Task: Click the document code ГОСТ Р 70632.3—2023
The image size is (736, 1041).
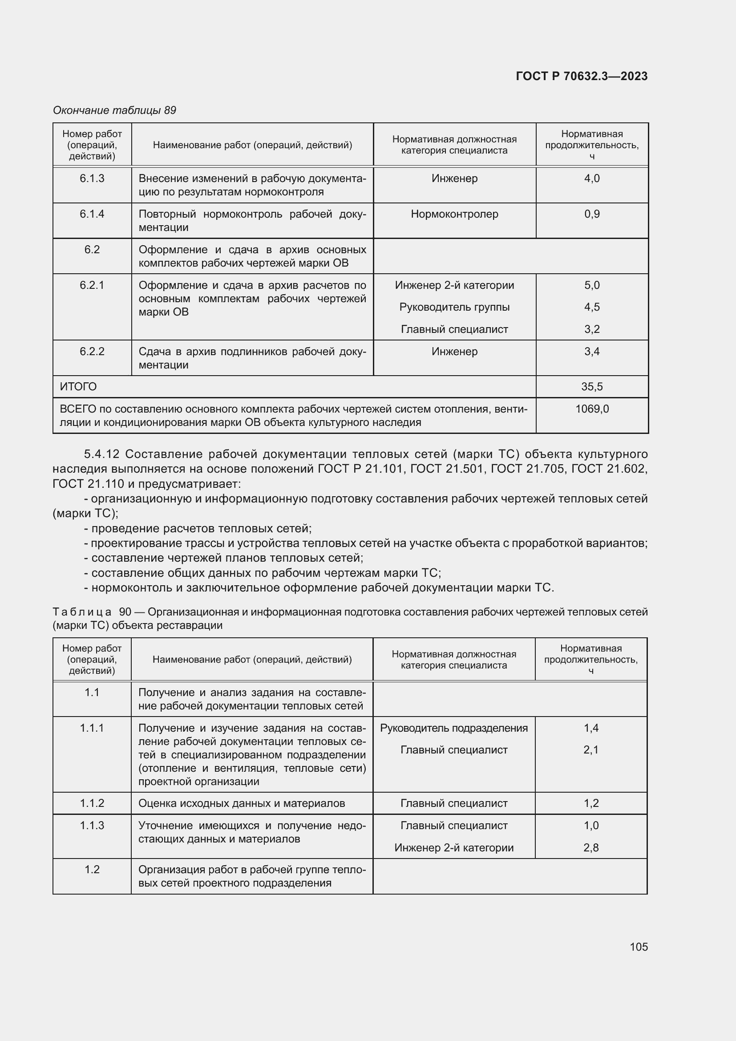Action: [x=582, y=76]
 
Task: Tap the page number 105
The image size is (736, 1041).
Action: [x=639, y=946]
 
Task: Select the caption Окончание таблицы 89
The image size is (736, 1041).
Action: [x=114, y=110]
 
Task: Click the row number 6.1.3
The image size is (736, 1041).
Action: [x=92, y=178]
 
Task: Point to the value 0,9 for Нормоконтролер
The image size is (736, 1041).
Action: [x=591, y=214]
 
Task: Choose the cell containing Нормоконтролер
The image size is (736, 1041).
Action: [x=454, y=214]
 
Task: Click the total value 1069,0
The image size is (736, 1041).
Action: [x=592, y=409]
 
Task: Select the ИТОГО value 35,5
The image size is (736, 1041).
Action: [x=591, y=386]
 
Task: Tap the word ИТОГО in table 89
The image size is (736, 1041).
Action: [x=78, y=386]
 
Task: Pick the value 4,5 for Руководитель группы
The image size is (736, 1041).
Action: [x=591, y=307]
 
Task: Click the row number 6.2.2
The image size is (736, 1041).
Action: [x=92, y=352]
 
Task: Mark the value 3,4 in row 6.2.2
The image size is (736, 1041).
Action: [x=591, y=352]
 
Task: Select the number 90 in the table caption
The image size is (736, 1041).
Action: [x=125, y=612]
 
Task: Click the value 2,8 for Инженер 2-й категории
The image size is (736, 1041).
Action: [x=591, y=847]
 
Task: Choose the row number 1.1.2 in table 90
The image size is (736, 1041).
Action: [x=92, y=803]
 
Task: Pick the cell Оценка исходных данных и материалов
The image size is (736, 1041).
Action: [x=242, y=803]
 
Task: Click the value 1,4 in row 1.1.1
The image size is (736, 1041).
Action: [x=591, y=728]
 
